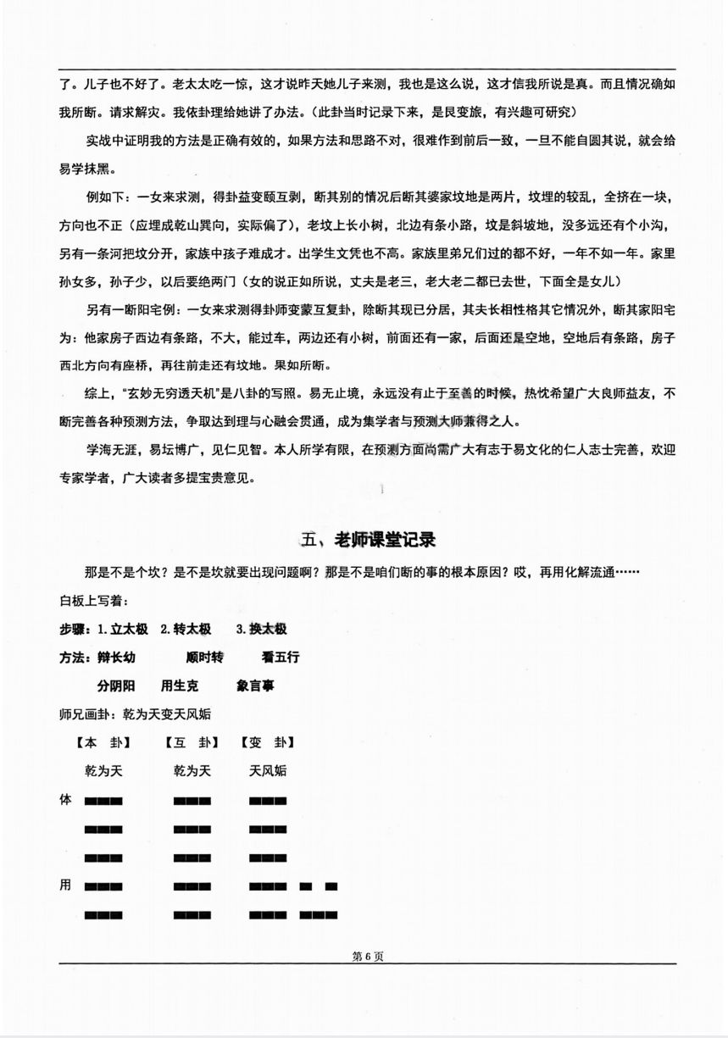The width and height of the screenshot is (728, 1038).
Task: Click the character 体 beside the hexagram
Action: point(65,799)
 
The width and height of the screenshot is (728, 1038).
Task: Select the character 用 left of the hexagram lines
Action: point(65,885)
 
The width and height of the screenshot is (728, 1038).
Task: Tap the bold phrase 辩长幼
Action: point(116,658)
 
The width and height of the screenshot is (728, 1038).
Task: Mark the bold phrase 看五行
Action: point(281,658)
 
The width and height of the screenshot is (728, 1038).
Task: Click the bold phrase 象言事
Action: point(255,686)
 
